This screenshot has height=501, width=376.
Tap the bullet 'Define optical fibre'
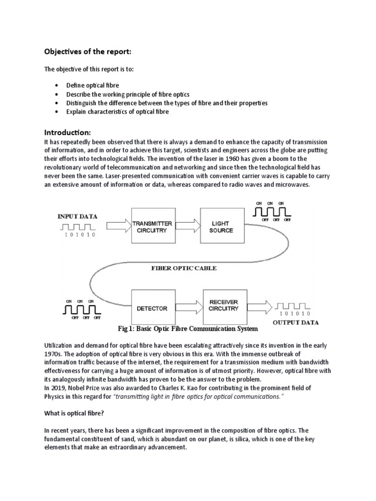coord(93,85)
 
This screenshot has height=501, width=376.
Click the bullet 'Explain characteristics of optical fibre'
coord(117,112)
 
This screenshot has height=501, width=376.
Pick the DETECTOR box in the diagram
coord(152,309)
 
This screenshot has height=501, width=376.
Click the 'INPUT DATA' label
coord(77,216)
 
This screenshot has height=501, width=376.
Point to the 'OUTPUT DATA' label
coord(295,322)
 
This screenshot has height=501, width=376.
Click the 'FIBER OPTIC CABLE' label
coord(184,268)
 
